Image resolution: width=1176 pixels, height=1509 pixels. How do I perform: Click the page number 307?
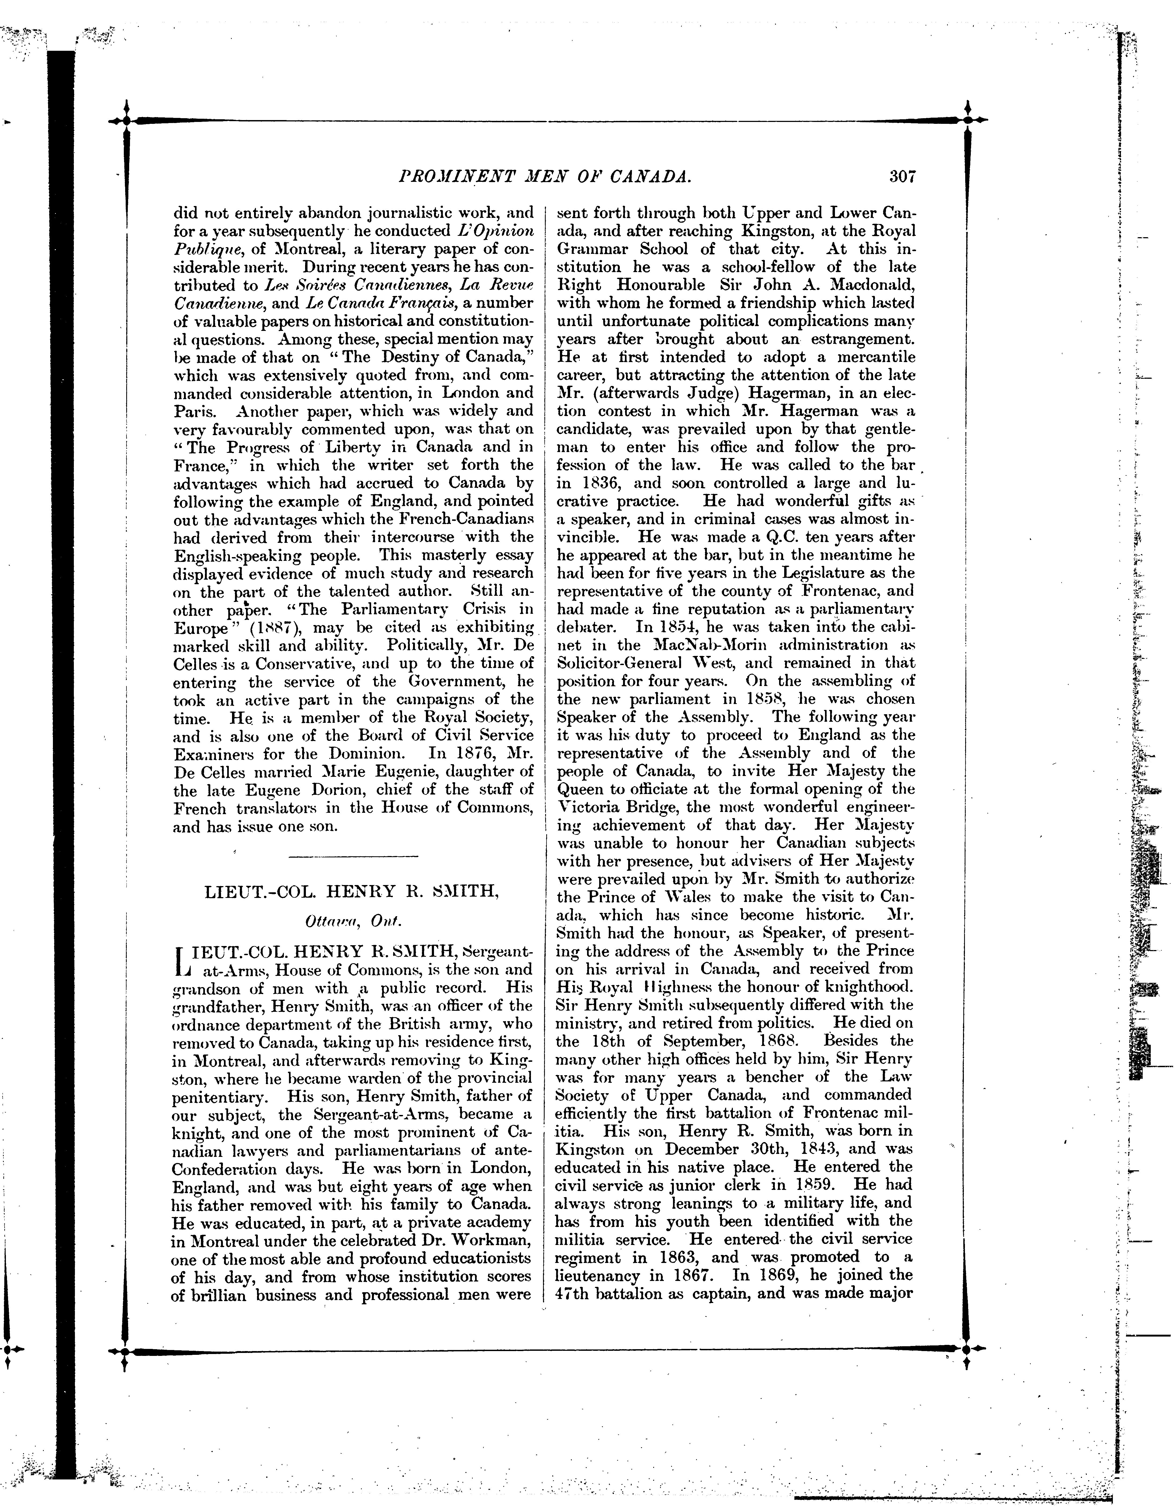[x=902, y=177]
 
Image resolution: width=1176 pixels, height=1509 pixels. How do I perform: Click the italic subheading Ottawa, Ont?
[x=352, y=922]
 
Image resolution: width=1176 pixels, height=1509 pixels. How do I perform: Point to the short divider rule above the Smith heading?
[x=353, y=857]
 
